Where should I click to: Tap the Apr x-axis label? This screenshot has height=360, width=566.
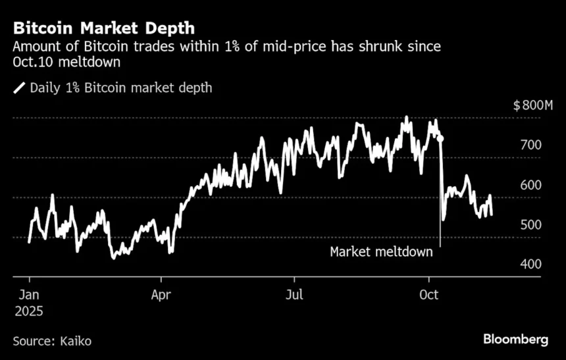pyautogui.click(x=162, y=294)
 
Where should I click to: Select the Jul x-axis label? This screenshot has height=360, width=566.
pyautogui.click(x=295, y=294)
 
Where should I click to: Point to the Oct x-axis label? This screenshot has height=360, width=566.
pyautogui.click(x=428, y=294)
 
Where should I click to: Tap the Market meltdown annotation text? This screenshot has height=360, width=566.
pyautogui.click(x=381, y=252)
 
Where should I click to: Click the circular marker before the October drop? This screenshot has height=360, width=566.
pyautogui.click(x=440, y=139)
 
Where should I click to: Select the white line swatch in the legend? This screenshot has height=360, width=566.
pyautogui.click(x=19, y=88)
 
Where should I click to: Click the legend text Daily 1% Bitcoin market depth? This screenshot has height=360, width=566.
pyautogui.click(x=121, y=88)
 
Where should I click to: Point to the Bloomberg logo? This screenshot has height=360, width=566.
pyautogui.click(x=515, y=340)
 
